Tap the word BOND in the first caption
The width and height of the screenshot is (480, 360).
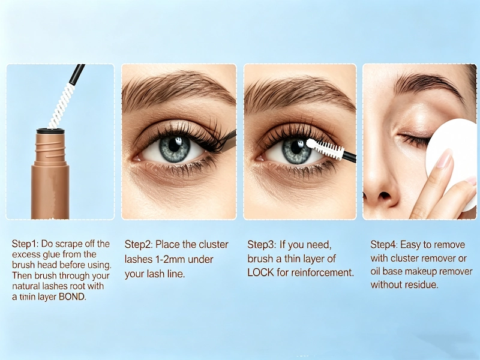(72, 297)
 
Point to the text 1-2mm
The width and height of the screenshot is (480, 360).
(170, 259)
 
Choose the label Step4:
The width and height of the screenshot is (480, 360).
(385, 245)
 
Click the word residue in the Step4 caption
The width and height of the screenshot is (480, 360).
(422, 285)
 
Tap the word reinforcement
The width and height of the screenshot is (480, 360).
(321, 273)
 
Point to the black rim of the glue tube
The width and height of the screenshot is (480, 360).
(50, 130)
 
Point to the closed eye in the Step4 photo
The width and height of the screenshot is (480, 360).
(414, 139)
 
